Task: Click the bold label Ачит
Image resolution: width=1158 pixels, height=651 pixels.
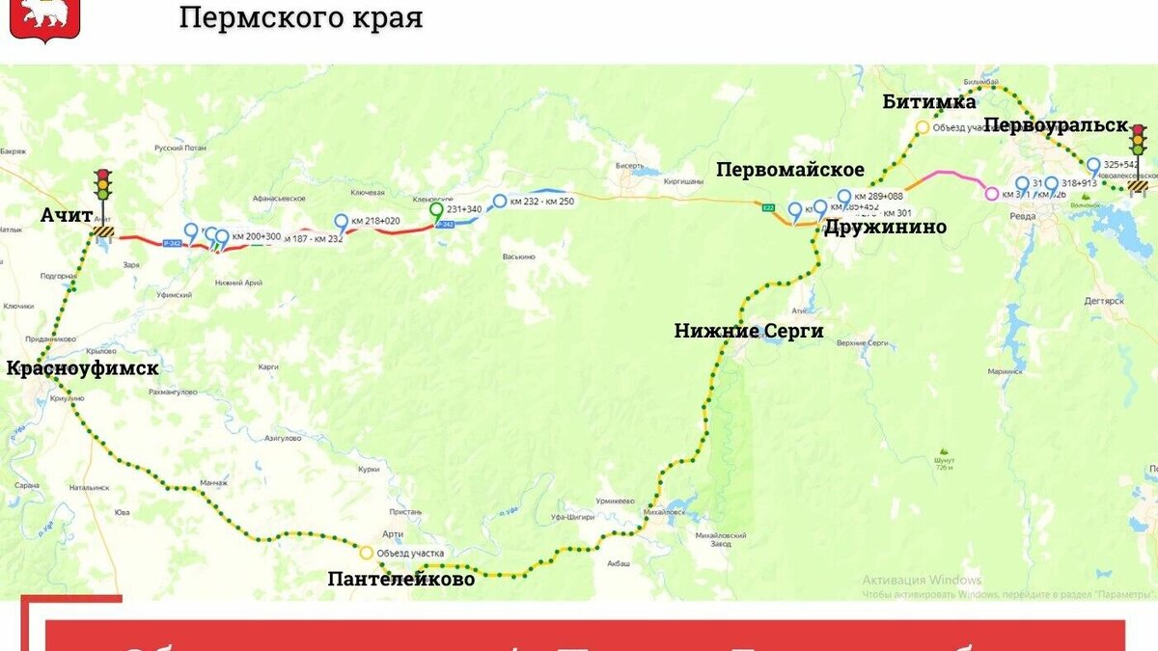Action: (x=68, y=214)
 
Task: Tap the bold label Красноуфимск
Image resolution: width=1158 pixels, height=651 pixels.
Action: (x=82, y=367)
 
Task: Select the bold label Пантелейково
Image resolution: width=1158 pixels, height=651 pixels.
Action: (x=401, y=579)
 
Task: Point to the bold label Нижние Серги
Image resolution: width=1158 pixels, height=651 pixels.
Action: (x=749, y=331)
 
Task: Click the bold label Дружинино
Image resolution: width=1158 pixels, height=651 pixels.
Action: (x=885, y=227)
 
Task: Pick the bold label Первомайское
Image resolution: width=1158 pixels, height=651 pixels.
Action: (x=790, y=170)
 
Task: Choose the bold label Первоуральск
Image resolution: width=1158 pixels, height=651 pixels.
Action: (x=1056, y=125)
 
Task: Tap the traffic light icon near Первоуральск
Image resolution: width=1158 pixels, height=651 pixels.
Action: (x=1139, y=143)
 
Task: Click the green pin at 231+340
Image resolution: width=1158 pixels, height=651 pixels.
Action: (x=436, y=210)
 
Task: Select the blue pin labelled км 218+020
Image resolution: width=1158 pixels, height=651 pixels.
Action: (x=341, y=221)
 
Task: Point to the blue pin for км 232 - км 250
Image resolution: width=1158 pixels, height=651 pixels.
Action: (x=500, y=201)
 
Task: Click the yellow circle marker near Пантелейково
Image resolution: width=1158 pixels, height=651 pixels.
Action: (x=366, y=553)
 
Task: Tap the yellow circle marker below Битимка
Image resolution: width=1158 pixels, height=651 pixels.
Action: (x=922, y=127)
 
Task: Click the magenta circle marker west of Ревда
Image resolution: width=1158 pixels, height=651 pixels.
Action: (x=991, y=194)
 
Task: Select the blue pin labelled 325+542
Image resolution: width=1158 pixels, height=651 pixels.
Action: (x=1093, y=165)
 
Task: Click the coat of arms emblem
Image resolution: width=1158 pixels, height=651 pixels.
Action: (x=44, y=17)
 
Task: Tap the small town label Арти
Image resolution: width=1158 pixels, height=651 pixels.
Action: (x=392, y=533)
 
